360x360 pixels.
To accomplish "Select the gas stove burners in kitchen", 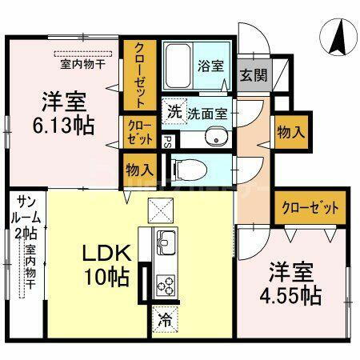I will click(166, 284).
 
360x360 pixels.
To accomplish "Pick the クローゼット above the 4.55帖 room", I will click(310, 208).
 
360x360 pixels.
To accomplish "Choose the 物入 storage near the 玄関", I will click(289, 133).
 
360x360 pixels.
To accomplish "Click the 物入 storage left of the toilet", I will click(139, 170).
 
